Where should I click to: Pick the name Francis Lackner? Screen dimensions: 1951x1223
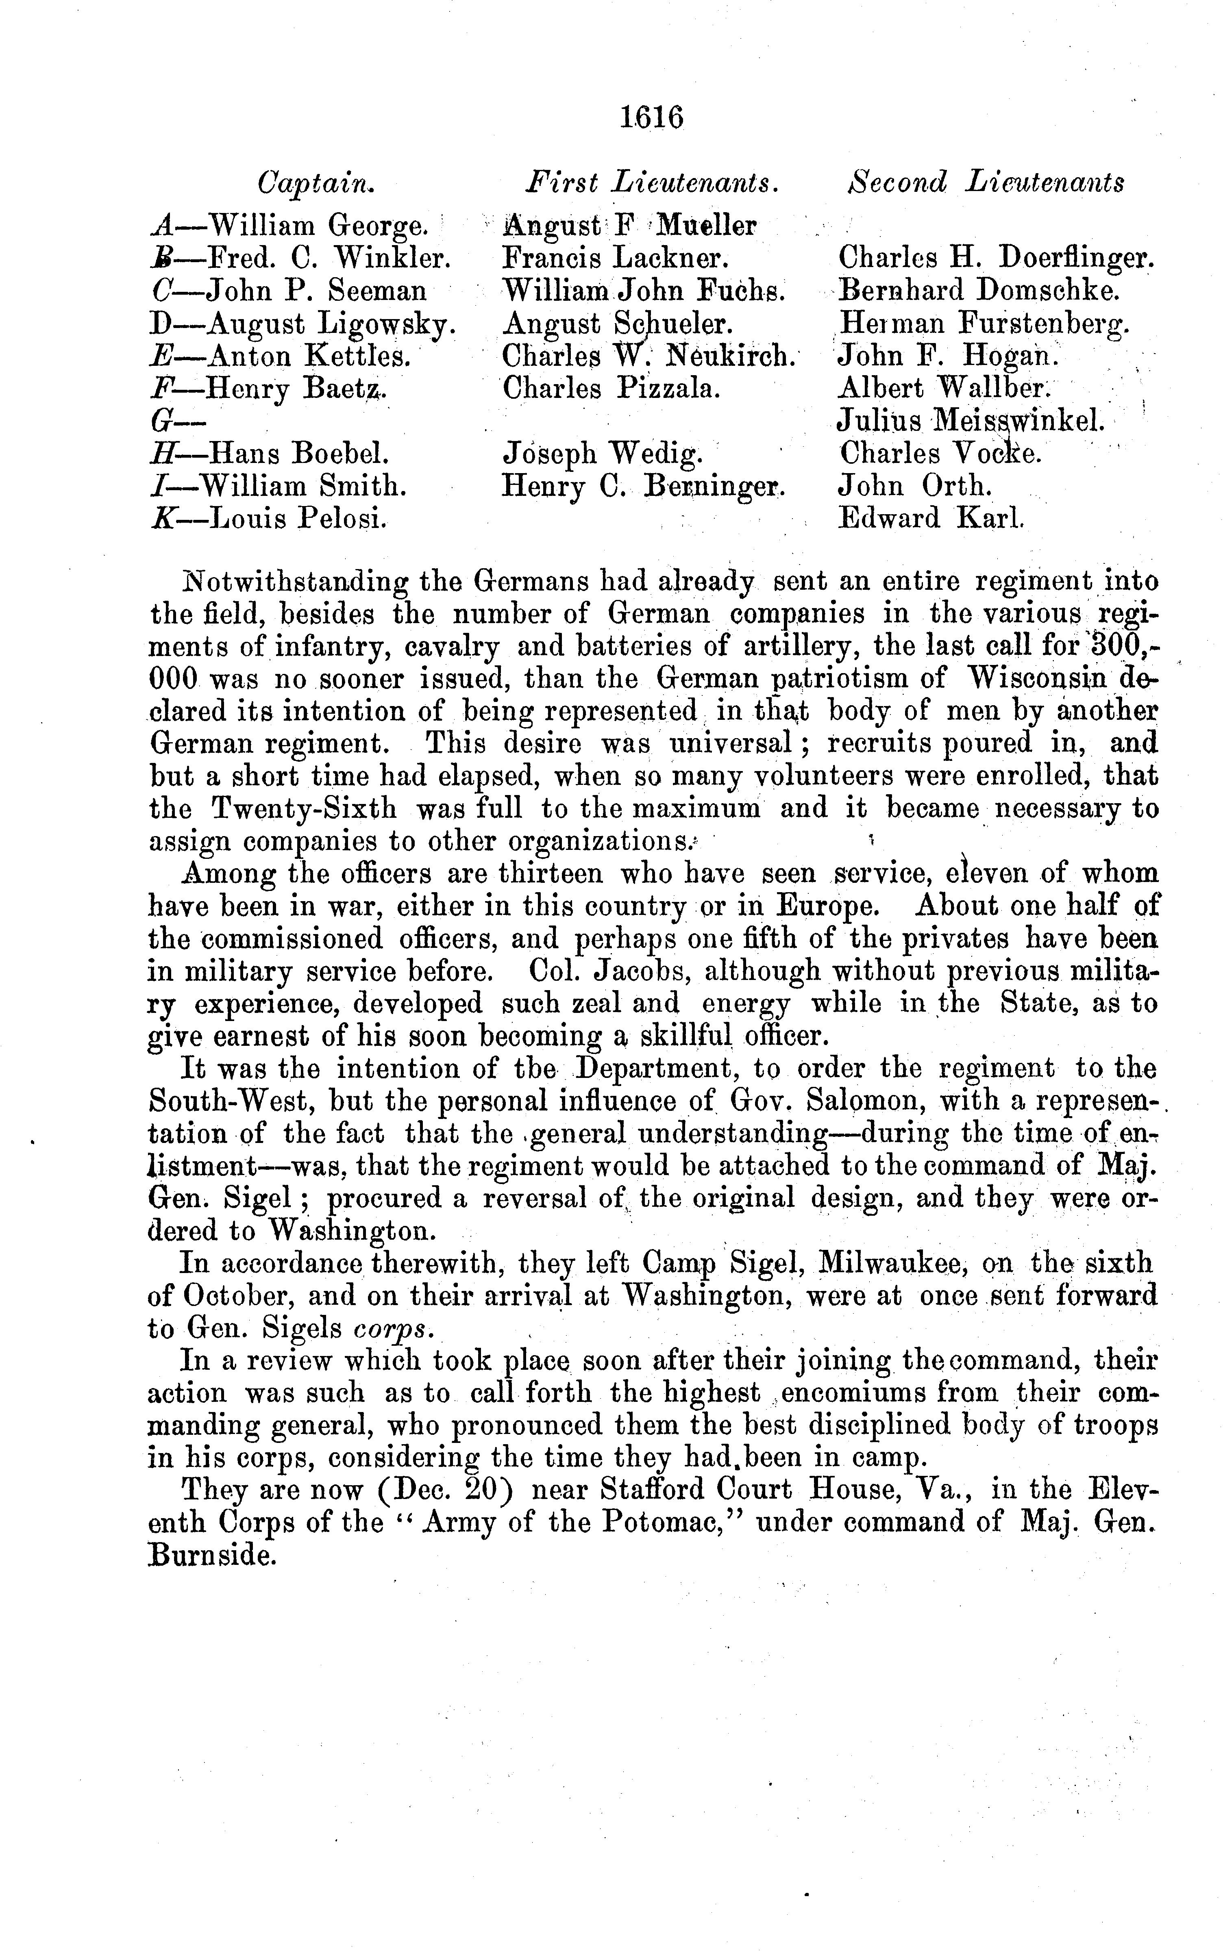[616, 258]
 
